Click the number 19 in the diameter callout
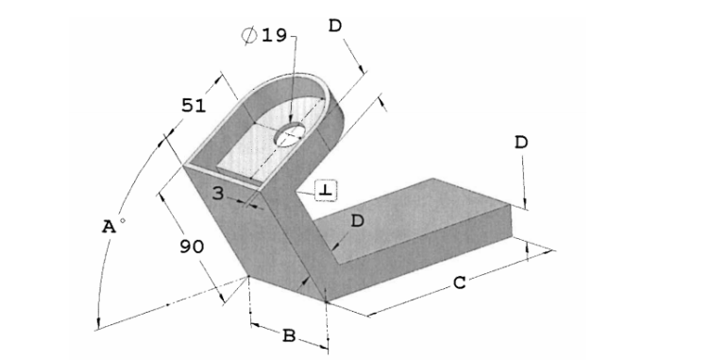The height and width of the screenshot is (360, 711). point(274,35)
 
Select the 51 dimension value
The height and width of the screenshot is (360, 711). point(194,105)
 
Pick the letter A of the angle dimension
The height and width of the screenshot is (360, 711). point(110,227)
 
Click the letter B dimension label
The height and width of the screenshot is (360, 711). point(289,334)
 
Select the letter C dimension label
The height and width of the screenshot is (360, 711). point(459,283)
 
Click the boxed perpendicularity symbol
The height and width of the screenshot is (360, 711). point(325,191)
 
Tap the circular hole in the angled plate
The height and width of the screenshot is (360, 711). point(290,136)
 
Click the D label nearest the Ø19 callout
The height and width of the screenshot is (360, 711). point(335,26)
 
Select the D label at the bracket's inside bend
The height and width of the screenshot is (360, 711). point(357,221)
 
